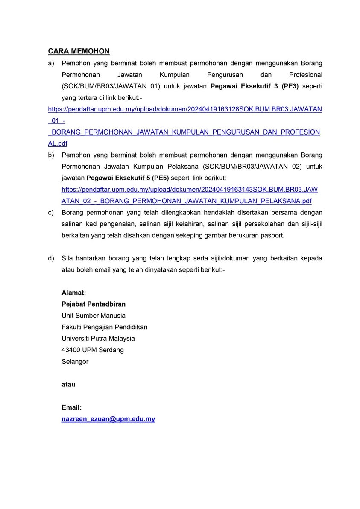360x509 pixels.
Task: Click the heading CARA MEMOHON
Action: pos(79,51)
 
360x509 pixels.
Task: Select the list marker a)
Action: pos(51,63)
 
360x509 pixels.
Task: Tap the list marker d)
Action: pos(51,258)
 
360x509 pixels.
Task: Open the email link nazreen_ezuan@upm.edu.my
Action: pos(108,419)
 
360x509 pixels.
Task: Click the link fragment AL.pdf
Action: pos(58,144)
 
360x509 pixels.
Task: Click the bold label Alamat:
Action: pos(74,293)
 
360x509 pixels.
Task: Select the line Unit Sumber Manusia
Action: pos(94,316)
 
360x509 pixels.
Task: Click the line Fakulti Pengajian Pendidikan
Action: pos(105,327)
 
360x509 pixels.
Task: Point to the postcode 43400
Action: pos(71,350)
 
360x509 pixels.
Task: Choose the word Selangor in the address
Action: pos(75,361)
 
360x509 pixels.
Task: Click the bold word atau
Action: pos(68,384)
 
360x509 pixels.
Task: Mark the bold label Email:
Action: pos(71,407)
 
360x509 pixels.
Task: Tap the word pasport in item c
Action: pos(272,235)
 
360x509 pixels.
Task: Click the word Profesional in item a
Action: pos(306,75)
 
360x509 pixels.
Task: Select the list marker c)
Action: pos(51,212)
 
